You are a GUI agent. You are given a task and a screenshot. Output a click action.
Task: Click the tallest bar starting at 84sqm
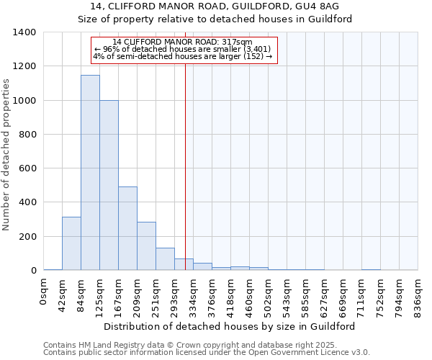pos(90,173)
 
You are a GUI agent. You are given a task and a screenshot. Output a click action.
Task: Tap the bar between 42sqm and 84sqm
pos(71,243)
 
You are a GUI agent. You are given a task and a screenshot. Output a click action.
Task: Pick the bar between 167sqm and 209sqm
pos(127,228)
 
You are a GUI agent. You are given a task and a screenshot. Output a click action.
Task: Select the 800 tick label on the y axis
pos(27,135)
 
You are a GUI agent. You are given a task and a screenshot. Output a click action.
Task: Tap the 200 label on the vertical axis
pos(27,237)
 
